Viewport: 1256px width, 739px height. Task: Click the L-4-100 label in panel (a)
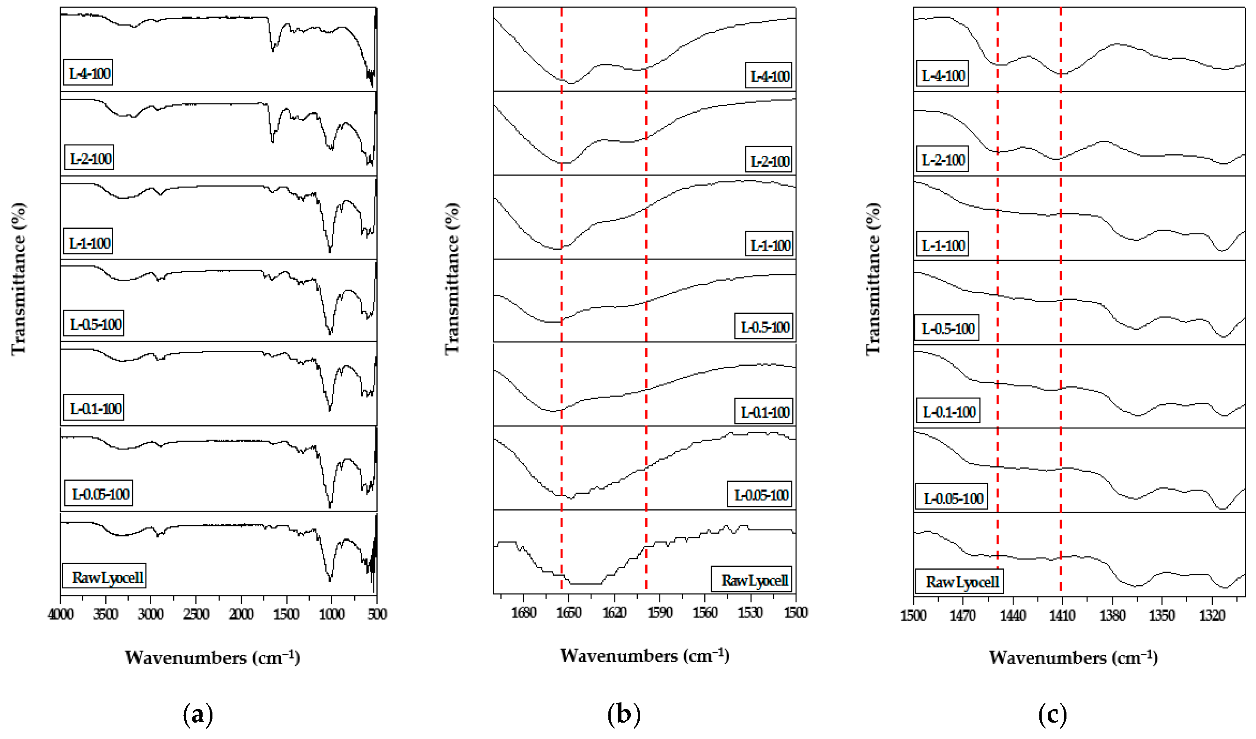89,73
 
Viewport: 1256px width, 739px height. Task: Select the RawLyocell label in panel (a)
105,577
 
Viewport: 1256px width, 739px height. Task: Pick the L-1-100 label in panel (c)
942,245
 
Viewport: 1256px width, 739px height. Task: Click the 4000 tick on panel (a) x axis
61,614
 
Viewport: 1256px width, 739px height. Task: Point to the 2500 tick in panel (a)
196,614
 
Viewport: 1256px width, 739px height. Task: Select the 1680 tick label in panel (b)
523,612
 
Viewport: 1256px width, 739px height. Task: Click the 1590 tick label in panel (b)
660,612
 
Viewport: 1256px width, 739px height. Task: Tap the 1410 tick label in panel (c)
1062,615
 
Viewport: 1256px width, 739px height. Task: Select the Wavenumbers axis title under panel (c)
1073,657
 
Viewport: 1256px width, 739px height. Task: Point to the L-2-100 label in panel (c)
942,160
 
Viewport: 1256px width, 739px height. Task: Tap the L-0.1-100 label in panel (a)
95,409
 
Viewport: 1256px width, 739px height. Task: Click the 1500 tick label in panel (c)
913,615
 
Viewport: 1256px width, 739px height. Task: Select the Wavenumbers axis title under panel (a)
212,657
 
